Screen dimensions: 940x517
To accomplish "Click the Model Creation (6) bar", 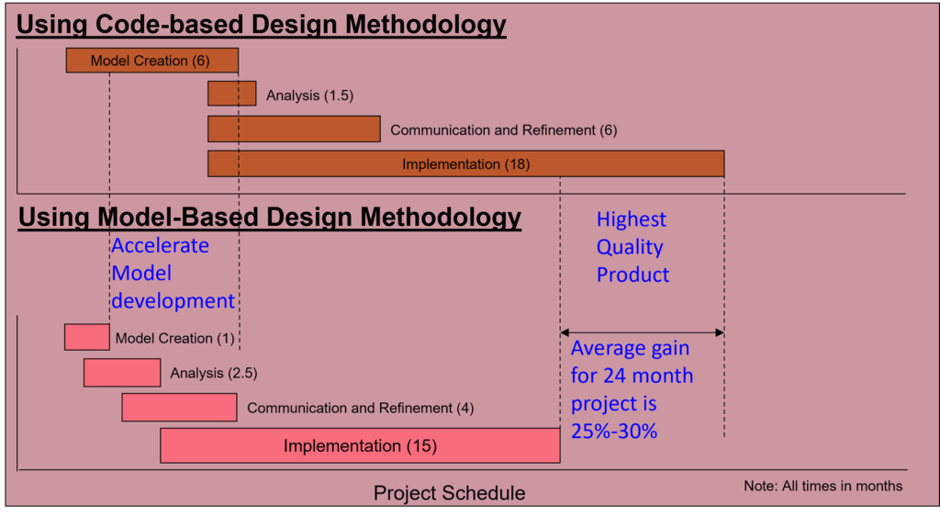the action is [x=152, y=61].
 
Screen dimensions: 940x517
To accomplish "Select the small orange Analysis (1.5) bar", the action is [x=232, y=94].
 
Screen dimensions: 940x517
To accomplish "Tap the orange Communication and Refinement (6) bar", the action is [x=294, y=129].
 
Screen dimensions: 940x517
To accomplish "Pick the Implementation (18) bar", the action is [x=465, y=163].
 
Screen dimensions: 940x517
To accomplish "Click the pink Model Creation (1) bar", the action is [x=87, y=337].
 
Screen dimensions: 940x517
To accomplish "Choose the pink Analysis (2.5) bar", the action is [x=122, y=373].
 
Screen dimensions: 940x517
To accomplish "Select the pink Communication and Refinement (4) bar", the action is [x=179, y=407].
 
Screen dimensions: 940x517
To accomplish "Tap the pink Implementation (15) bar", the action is [x=360, y=445].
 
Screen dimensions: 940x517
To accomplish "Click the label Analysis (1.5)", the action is [x=310, y=96].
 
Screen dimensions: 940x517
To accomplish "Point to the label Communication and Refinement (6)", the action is [x=504, y=130].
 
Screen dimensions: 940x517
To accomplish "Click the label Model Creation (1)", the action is [x=175, y=338].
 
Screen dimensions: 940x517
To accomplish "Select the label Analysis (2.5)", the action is [x=214, y=373].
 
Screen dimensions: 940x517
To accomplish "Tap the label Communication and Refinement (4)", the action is [x=360, y=408].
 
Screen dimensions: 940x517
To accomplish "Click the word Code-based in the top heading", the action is [x=170, y=25].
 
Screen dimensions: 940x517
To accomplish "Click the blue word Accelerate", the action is [x=160, y=245].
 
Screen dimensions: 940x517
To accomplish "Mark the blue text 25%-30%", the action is [x=614, y=431].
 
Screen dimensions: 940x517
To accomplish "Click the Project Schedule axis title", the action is [x=450, y=493].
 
